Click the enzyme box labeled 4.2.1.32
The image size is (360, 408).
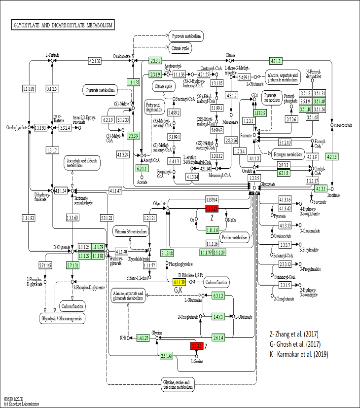click(x=95, y=61)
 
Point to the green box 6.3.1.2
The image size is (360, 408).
click(x=218, y=296)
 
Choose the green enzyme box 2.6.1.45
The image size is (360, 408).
click(x=166, y=356)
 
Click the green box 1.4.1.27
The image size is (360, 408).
click(x=143, y=338)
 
